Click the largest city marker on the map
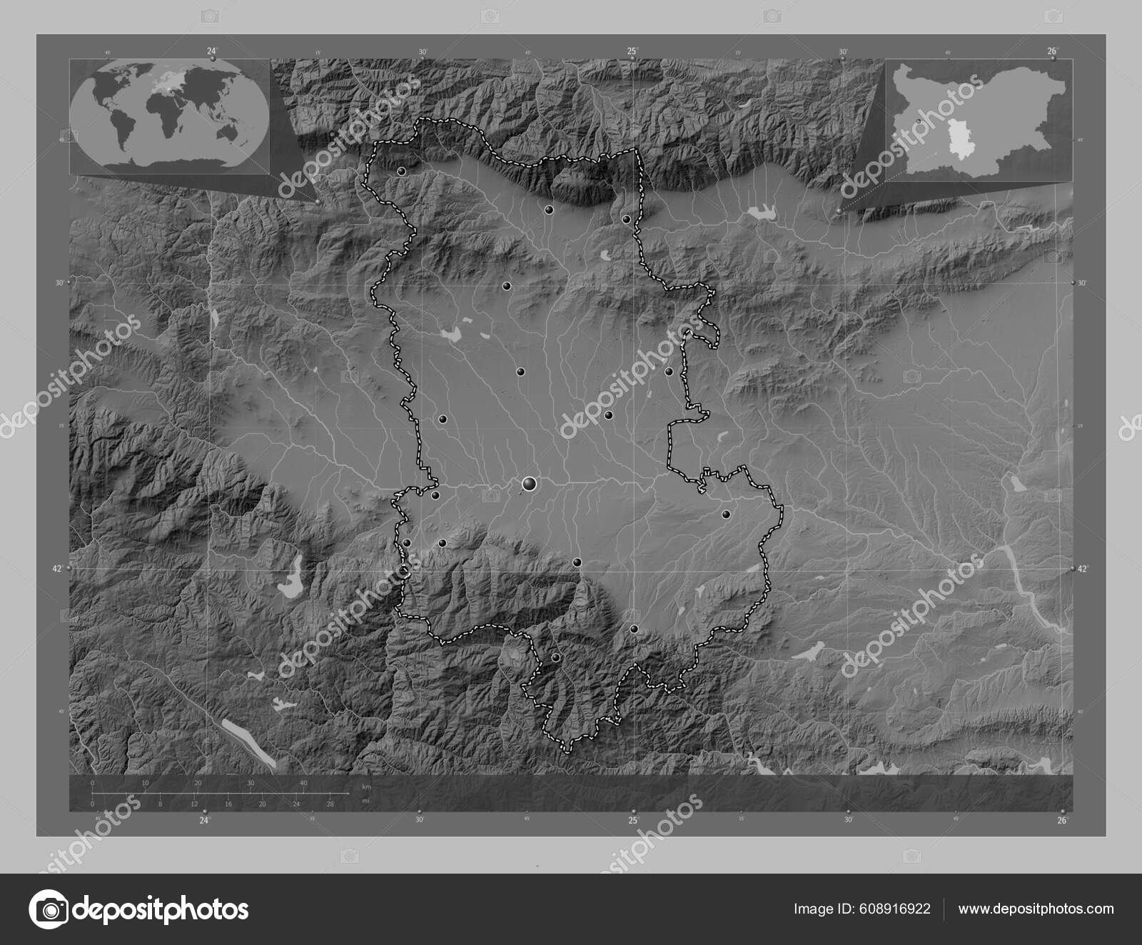click(x=529, y=485)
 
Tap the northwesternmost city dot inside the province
click(x=401, y=171)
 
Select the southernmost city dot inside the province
click(x=555, y=657)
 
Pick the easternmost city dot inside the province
click(x=726, y=514)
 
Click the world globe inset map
click(x=170, y=116)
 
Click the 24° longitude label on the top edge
click(x=211, y=51)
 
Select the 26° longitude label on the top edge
click(x=1052, y=51)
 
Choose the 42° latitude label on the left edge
click(x=57, y=569)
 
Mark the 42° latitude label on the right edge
click(x=1083, y=569)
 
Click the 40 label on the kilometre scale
click(x=304, y=784)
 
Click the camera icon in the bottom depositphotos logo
click(x=49, y=909)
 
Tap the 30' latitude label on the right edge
click(x=1083, y=283)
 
